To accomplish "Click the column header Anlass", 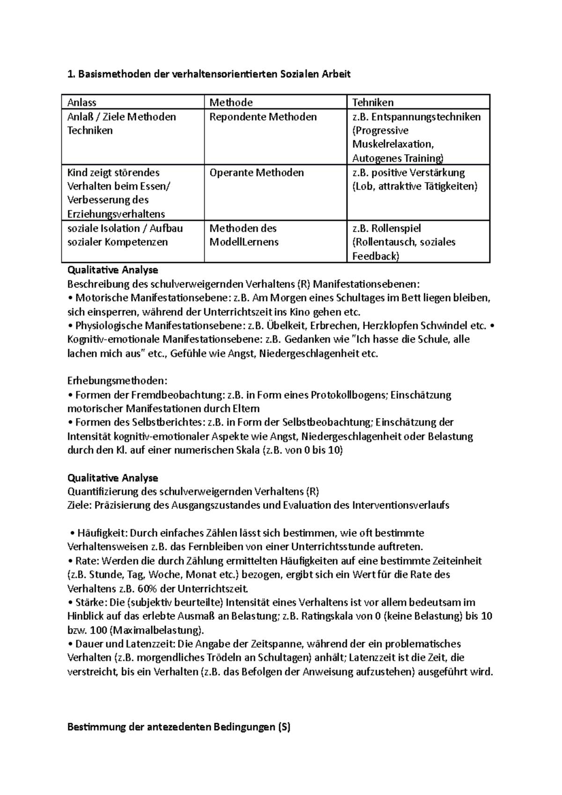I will pos(82,102).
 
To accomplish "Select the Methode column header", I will pos(231,102).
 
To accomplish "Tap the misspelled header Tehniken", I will pos(373,102).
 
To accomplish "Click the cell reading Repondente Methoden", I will pos(263,117).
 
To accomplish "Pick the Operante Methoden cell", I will pos(256,172).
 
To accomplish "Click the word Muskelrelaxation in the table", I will pos(393,144).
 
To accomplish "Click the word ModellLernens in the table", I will pos(244,242).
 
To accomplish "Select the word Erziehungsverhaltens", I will pos(116,214).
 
